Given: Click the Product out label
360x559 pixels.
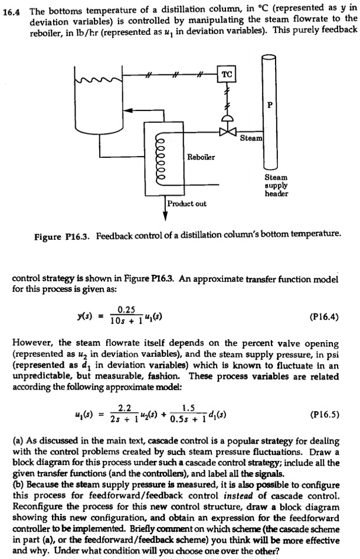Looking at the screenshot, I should coord(187,203).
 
